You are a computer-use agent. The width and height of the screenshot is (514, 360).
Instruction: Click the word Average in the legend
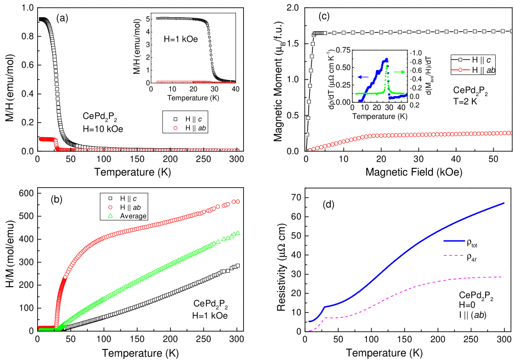[x=133, y=216]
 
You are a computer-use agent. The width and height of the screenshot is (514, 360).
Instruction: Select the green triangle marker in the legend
[x=110, y=216]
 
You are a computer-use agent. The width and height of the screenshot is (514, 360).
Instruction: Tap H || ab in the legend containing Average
[x=133, y=207]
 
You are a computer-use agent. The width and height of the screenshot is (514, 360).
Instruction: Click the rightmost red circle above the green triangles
[x=238, y=202]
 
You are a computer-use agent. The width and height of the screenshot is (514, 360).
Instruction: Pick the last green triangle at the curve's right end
[x=238, y=232]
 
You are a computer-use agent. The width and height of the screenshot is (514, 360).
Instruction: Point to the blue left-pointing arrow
[x=364, y=77]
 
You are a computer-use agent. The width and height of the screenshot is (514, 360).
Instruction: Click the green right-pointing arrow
[x=399, y=72]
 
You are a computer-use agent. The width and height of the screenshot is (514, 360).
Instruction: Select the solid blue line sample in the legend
[x=454, y=241]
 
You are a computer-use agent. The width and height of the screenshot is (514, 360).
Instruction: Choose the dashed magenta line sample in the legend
[x=454, y=256]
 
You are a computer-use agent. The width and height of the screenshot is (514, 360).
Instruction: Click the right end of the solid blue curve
[x=505, y=203]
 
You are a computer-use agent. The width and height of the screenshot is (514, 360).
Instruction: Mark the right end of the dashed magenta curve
[x=502, y=277]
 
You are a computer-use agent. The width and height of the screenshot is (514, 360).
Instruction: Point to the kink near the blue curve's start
[x=325, y=306]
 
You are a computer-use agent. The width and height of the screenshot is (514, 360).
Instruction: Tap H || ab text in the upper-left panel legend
[x=196, y=128]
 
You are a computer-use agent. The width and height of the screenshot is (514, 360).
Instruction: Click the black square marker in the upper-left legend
[x=174, y=119]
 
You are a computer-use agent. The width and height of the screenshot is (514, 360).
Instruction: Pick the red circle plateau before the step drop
[x=46, y=138]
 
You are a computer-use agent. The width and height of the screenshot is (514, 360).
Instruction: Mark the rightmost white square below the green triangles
[x=237, y=266]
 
